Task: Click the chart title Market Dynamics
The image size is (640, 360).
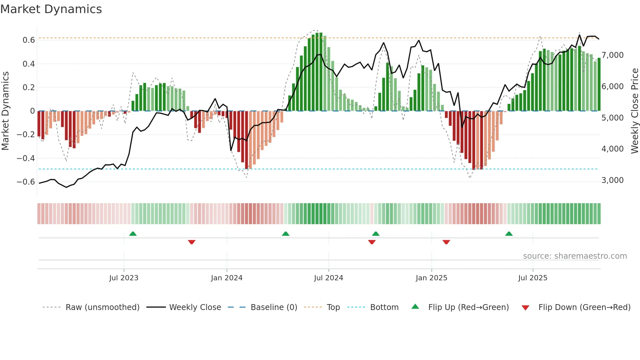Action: pyautogui.click(x=51, y=9)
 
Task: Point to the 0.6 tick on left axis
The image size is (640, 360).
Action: pyautogui.click(x=29, y=40)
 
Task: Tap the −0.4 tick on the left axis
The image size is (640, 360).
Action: pyautogui.click(x=26, y=158)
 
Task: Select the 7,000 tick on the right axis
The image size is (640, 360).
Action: pyautogui.click(x=613, y=55)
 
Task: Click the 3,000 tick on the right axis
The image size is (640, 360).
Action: pyautogui.click(x=613, y=180)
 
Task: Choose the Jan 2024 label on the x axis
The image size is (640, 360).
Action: pyautogui.click(x=227, y=278)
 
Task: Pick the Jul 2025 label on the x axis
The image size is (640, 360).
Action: pyautogui.click(x=533, y=278)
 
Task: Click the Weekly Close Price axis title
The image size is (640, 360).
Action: pyautogui.click(x=634, y=111)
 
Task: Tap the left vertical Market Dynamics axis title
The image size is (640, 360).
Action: pyautogui.click(x=5, y=111)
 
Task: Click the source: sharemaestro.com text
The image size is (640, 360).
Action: pyautogui.click(x=575, y=256)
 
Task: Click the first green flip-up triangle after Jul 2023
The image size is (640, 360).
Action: pyautogui.click(x=133, y=234)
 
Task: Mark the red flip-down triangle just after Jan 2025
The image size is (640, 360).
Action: pyautogui.click(x=446, y=242)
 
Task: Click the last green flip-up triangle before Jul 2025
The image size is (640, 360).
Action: pyautogui.click(x=509, y=234)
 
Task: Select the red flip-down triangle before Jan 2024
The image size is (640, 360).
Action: pyautogui.click(x=192, y=242)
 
